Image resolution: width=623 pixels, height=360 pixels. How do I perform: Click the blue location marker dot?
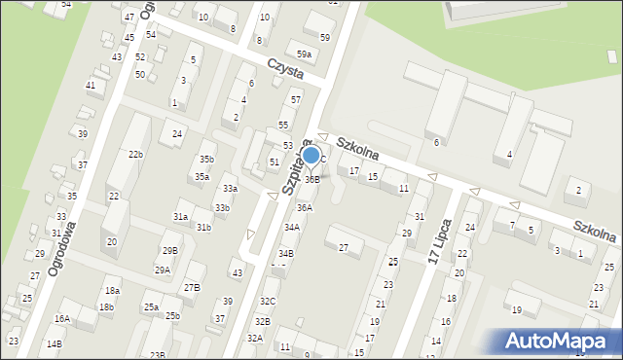point(311,155)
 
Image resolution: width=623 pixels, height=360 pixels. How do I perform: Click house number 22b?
point(135,154)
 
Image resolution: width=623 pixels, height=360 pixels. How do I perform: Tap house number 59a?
point(305,54)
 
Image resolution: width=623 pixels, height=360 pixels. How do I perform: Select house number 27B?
point(192,287)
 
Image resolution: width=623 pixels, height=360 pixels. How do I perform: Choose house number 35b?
point(205,159)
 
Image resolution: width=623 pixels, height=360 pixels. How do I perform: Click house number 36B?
point(311,179)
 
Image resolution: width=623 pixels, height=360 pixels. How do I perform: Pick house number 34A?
point(291,227)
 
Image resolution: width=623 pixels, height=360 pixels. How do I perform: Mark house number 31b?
point(203,227)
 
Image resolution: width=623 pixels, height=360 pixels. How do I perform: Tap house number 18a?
point(112,291)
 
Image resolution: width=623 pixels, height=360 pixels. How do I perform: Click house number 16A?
point(62,318)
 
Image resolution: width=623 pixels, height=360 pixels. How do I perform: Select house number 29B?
point(170,251)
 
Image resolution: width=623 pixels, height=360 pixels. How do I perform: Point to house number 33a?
point(230,188)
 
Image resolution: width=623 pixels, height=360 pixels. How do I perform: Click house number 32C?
point(268,302)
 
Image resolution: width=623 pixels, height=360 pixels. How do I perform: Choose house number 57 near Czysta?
point(295,100)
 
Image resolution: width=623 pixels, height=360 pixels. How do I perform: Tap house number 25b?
point(172,315)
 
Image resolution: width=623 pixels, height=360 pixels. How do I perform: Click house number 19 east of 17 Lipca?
point(517,310)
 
